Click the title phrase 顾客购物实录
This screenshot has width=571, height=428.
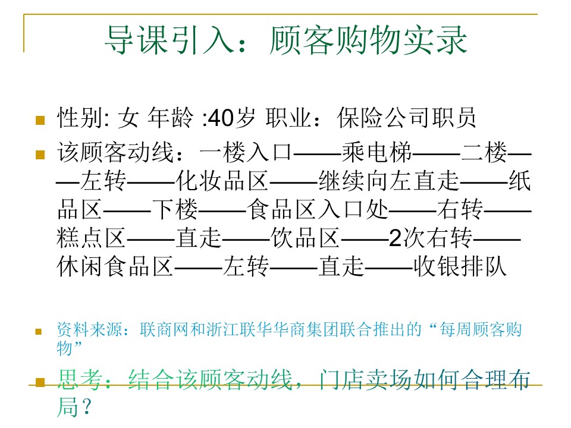[369, 40]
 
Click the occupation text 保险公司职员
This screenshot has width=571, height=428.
[406, 118]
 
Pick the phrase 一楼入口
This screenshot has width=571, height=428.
[246, 152]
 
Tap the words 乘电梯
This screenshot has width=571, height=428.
[377, 152]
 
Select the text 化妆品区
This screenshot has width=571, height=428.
[222, 181]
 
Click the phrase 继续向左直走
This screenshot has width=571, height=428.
[388, 181]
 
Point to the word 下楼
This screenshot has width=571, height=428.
[175, 209]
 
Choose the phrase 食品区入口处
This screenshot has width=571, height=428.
[318, 209]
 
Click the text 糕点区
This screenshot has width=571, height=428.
[92, 238]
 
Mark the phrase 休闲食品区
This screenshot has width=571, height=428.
[115, 266]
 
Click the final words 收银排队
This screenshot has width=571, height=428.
[460, 266]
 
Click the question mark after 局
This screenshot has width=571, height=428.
[86, 407]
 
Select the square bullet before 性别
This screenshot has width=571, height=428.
[40, 119]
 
